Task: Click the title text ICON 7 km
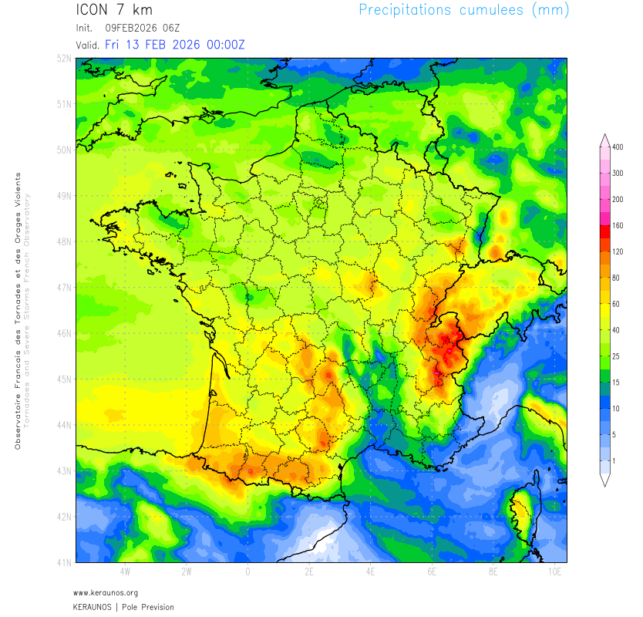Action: [115, 10]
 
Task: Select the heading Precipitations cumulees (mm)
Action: [464, 10]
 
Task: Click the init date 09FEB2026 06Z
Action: [142, 29]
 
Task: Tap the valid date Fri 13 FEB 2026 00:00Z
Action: [175, 45]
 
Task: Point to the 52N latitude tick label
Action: [66, 58]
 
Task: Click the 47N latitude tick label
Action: [66, 287]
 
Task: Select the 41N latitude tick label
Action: [66, 561]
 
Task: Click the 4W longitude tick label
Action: [125, 572]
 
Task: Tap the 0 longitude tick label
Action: [247, 572]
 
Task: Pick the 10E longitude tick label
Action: [554, 572]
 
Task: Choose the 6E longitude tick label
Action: [432, 572]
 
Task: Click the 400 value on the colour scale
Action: [618, 147]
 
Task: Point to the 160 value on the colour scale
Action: [618, 226]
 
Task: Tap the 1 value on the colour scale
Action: [614, 460]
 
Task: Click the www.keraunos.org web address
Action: [106, 593]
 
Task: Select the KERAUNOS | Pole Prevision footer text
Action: [123, 607]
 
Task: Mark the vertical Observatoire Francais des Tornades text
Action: [18, 308]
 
